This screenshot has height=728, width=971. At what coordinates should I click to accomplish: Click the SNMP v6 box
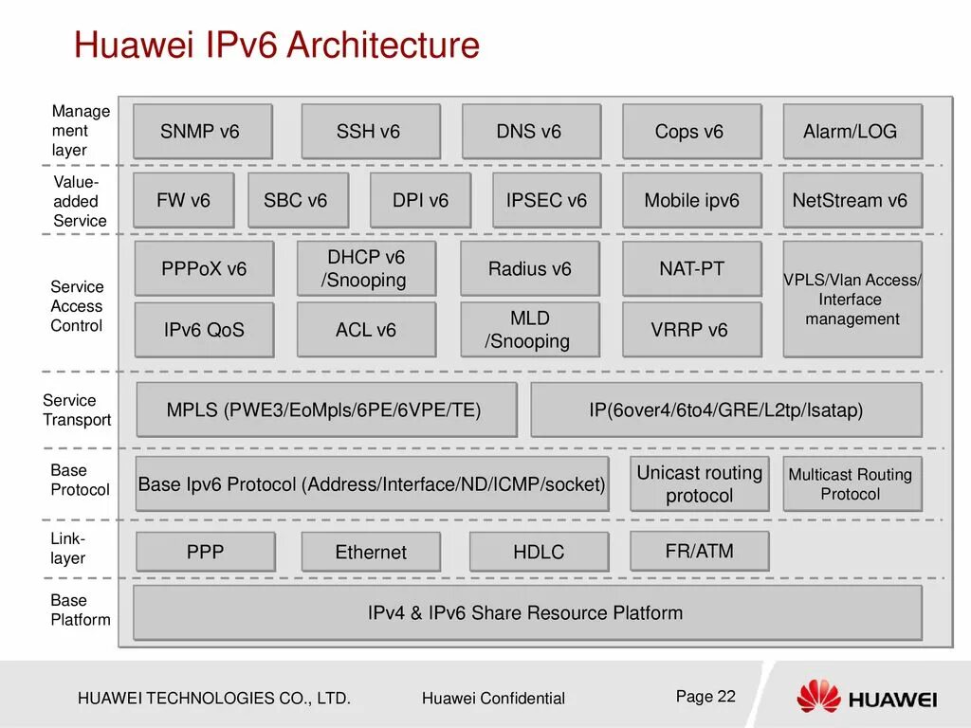202,131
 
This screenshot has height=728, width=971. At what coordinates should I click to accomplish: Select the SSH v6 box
370,131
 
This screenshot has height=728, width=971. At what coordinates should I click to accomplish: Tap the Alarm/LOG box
852,131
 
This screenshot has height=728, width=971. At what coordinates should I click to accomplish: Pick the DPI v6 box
420,200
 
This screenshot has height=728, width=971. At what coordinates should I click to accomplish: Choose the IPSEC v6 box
547,200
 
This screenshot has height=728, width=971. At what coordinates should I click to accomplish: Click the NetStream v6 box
852,200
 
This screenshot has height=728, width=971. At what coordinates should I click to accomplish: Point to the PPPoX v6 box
204,268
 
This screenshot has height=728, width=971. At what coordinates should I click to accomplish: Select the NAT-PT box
691,268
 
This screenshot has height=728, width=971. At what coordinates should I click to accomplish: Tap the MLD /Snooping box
529,329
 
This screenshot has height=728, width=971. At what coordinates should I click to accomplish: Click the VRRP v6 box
691,329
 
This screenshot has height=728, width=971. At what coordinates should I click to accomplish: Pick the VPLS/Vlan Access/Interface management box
852,299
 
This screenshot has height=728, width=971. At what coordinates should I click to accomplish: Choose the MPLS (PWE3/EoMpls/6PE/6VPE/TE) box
326,409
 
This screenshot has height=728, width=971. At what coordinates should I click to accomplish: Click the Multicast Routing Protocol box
852,483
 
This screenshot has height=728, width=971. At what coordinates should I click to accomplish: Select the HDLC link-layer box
539,552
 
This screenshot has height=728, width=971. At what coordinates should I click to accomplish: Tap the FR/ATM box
699,551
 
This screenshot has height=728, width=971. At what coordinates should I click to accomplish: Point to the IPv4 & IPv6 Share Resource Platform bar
526,612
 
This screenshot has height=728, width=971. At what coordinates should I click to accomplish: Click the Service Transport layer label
77,409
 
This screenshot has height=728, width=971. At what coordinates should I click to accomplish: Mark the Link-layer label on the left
68,549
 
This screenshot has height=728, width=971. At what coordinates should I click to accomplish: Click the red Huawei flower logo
818,697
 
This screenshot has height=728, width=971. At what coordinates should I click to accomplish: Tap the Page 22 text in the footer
705,696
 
